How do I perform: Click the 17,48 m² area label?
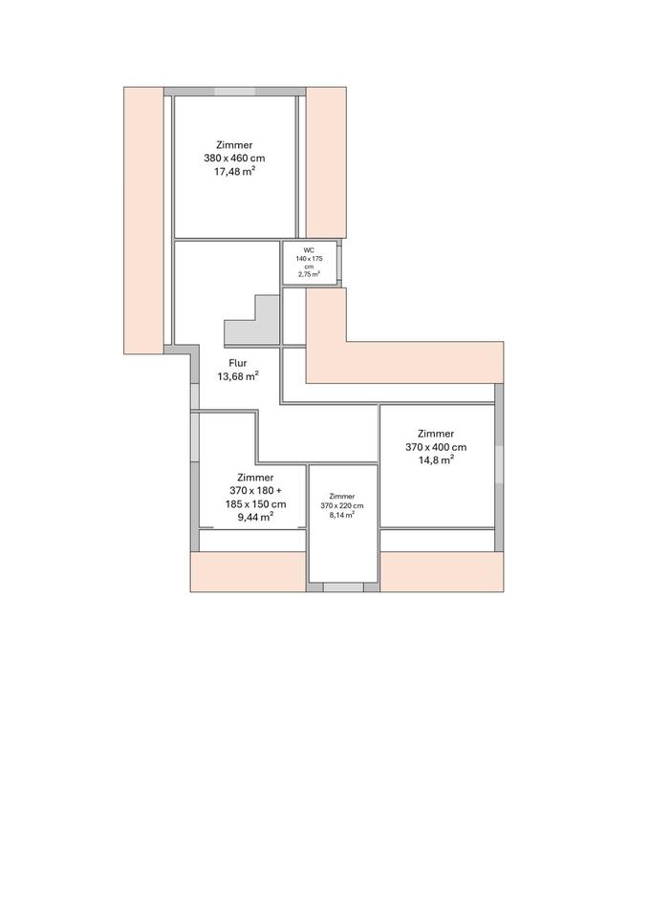coord(235,171)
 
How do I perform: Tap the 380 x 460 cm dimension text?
coord(234,158)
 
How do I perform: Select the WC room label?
coord(309,250)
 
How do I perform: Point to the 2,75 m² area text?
coord(309,274)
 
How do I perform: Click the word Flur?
coord(238,363)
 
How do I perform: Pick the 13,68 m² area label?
coord(238,376)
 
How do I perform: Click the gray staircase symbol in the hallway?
coord(252,321)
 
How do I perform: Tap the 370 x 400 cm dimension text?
coord(436,447)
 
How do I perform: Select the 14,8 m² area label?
coord(436,460)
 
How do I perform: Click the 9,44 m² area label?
coord(256,517)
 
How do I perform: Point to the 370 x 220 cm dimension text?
coord(342,506)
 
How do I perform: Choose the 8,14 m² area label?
coord(342,515)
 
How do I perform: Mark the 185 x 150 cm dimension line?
coord(256,504)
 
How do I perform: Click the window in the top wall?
coord(234,92)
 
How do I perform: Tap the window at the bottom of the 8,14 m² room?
coord(343,587)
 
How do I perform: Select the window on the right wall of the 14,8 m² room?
coord(499,464)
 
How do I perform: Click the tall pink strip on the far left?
coord(143,221)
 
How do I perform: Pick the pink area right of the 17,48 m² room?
coord(327,162)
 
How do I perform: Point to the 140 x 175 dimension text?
coord(309,258)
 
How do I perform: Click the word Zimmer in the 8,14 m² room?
coord(342,497)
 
